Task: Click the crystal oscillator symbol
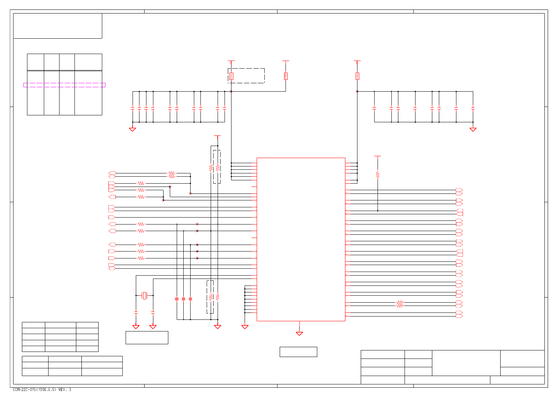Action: coord(145,295)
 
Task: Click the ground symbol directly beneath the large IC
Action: coord(299,333)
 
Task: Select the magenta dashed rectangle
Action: coord(64,85)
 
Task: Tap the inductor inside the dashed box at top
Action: coord(231,76)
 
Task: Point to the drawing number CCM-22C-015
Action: coord(35,390)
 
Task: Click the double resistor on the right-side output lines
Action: coord(399,304)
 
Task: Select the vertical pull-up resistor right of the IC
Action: coord(378,175)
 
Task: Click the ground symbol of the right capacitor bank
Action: coord(473,129)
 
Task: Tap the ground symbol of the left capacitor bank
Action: coord(133,129)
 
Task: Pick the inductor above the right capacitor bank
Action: coord(357,76)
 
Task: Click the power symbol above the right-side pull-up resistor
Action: coord(378,157)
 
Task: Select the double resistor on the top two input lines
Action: coord(171,175)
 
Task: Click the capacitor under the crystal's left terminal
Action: coord(136,312)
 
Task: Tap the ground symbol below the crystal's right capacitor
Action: coord(153,327)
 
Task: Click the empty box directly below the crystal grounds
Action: coord(147,338)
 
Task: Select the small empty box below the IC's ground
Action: coord(298,352)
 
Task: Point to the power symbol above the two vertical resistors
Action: coord(217,136)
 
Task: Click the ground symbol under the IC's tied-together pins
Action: coord(245,327)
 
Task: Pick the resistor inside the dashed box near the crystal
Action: coord(210,297)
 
